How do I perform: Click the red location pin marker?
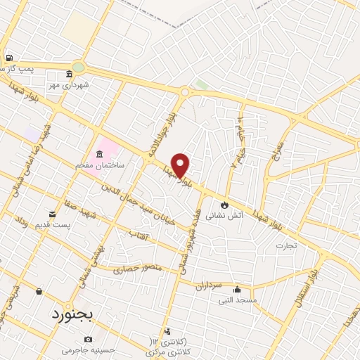(x=181, y=165)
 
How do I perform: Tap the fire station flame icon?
(x=224, y=205)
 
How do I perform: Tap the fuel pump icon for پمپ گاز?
(x=8, y=58)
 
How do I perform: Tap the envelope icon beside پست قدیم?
(x=53, y=214)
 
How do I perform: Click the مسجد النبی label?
(x=237, y=301)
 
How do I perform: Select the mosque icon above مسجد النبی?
(x=237, y=289)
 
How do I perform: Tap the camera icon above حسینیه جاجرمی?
(x=88, y=340)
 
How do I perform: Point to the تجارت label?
(x=286, y=245)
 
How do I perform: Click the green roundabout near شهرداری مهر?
(x=77, y=67)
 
